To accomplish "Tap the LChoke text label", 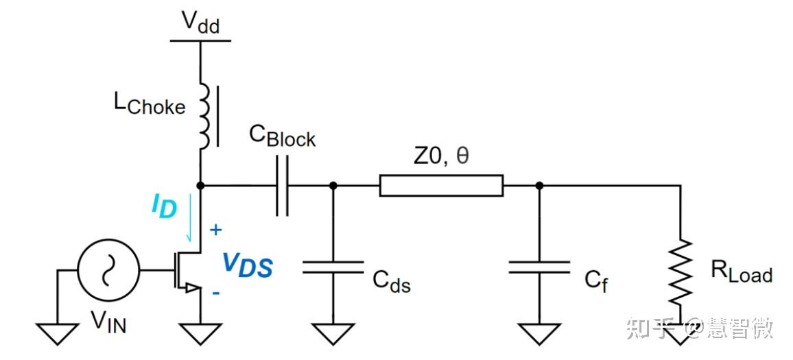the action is tap(149, 105).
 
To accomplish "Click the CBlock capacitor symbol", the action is tap(282, 186).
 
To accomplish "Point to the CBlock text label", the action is tap(283, 136).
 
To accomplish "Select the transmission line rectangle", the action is tap(442, 186).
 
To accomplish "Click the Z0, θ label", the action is tap(442, 156).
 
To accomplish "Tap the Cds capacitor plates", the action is tap(333, 267).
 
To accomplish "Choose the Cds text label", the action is tap(392, 281).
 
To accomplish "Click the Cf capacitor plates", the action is tap(539, 267).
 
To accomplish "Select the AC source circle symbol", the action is tap(108, 270).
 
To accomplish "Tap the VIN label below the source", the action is tap(108, 322).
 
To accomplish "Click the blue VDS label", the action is tap(248, 265).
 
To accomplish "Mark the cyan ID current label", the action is tap(164, 206).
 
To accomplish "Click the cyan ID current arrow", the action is tap(190, 217).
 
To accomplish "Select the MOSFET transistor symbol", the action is tap(188, 270).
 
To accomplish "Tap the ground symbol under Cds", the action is tap(333, 333).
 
